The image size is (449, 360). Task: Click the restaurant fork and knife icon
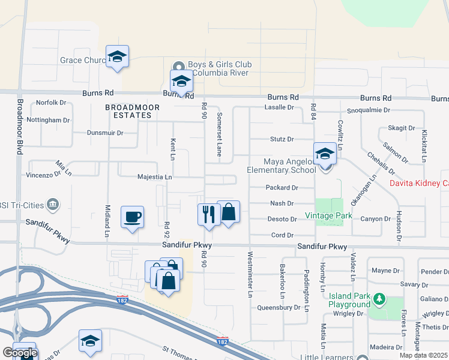pos(208,214)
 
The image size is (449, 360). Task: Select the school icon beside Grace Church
pos(117,57)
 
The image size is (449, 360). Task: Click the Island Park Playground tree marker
pos(379,298)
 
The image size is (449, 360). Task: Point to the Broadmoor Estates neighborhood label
pos(127,110)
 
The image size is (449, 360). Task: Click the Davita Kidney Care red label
pos(419,183)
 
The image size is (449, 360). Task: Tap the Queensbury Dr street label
pos(279,307)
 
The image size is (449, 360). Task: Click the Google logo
pos(19,353)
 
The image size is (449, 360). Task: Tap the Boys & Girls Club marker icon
pos(178,66)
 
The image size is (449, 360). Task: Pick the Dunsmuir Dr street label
pos(105,133)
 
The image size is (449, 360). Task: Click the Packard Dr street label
pos(282,188)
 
